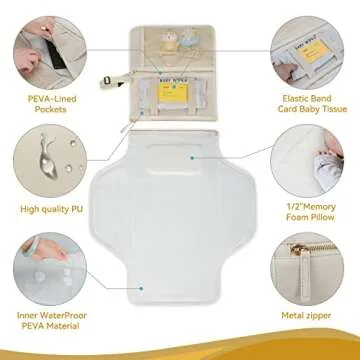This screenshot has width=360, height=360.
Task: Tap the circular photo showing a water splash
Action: [45, 157]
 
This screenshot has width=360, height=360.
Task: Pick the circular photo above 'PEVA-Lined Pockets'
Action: [45, 42]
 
